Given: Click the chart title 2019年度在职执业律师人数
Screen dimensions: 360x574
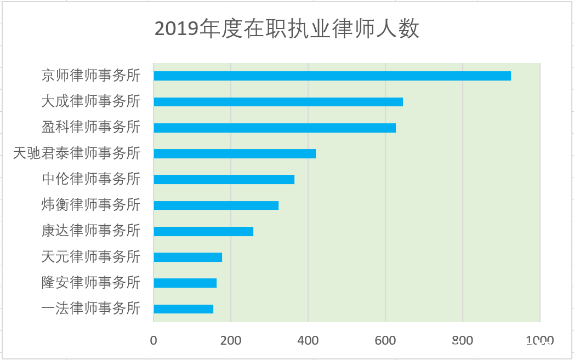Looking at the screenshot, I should pos(287,29).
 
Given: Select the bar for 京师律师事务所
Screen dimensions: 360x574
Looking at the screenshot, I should pos(332,76).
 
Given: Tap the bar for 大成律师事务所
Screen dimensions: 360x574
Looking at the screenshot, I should pos(278,102).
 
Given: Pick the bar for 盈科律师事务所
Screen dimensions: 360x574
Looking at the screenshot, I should pos(275,128).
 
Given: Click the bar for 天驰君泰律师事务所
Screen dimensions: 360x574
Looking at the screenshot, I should pos(235,153).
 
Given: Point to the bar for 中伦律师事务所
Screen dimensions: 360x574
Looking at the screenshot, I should pos(224,179).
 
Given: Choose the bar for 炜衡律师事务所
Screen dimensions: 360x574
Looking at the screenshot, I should pos(216,205).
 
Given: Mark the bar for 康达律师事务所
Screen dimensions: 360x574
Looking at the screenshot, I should pos(203,231).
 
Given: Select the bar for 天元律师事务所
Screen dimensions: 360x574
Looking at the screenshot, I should pos(187,257).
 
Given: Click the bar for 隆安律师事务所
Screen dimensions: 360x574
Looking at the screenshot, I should pos(185,283).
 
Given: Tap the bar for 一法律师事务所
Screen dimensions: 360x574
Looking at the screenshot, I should pos(183,309).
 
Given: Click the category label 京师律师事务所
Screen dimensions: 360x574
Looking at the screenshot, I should pos(91,76).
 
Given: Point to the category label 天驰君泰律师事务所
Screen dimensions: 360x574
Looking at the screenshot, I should pos(77,153).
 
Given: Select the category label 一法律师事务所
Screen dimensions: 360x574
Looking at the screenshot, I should pos(91,308).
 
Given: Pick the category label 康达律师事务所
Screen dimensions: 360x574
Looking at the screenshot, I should pos(91,231).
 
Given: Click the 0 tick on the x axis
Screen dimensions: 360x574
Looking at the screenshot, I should pos(154,340).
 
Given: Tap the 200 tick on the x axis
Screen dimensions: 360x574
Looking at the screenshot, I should pos(231,340).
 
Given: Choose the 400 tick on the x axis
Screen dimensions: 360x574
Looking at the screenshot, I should pos(308,340).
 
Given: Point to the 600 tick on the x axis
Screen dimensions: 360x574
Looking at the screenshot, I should pos(385,340).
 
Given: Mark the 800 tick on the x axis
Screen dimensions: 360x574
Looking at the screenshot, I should pos(463,340).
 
